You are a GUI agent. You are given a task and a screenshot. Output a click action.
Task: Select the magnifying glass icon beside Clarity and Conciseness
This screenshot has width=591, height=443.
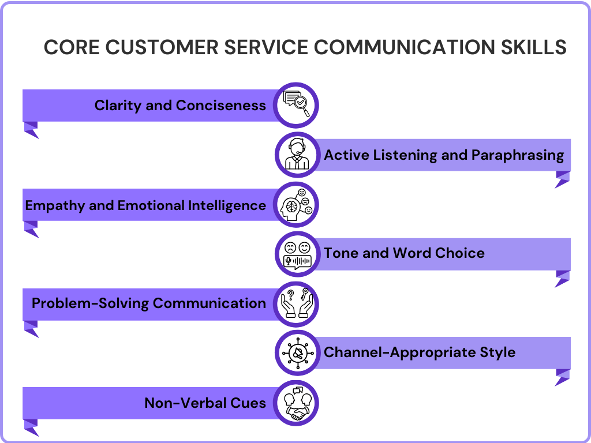click(297, 105)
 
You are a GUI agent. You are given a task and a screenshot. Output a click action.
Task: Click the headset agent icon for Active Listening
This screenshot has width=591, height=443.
click(297, 155)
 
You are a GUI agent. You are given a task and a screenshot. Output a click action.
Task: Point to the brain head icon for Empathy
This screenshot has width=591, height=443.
click(297, 204)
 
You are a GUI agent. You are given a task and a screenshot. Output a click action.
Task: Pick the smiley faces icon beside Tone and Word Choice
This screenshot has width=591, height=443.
click(297, 254)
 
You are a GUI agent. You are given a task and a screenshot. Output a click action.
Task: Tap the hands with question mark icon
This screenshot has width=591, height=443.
click(297, 303)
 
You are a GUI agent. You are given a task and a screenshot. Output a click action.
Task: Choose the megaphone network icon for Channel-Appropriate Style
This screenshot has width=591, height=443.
click(297, 352)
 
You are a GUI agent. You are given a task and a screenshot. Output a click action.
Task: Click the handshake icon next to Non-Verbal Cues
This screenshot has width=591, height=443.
click(297, 402)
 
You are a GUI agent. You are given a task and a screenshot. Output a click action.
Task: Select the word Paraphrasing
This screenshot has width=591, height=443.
click(517, 155)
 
